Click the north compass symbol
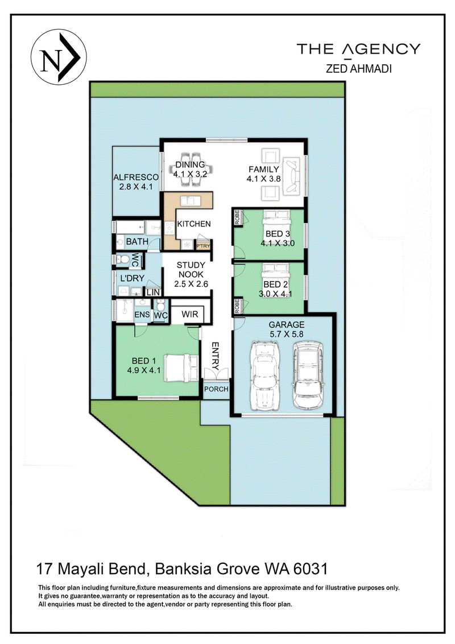coord(59,57)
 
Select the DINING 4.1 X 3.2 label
coord(190,169)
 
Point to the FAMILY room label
coord(264,169)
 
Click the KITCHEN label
coord(194,224)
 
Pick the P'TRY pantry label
coord(203,246)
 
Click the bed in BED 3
coord(277,222)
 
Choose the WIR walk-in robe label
coord(190,314)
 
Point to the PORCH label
coord(216,389)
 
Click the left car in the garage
coord(265,375)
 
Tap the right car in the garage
coord(308,374)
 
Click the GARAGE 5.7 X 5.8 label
coord(287,329)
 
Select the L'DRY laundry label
coord(132,278)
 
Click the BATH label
coord(137,241)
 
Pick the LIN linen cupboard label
coord(153,292)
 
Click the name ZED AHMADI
coord(359,69)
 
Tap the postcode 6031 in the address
coord(311,569)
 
